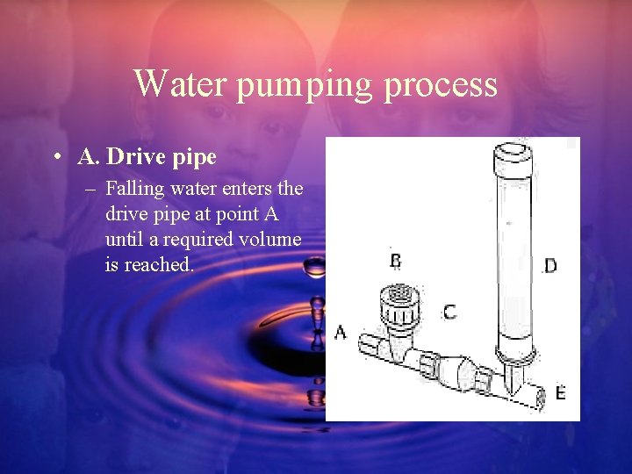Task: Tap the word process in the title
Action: [450, 86]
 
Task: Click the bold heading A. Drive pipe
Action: [147, 158]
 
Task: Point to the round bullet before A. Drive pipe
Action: [55, 158]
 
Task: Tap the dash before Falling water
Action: [92, 189]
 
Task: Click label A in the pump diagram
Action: [341, 333]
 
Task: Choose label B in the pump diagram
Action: [396, 261]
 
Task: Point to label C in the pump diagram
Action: [449, 312]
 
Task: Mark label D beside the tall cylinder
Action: [549, 265]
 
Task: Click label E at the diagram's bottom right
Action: [560, 392]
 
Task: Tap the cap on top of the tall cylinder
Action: [514, 158]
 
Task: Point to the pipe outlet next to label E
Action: [538, 396]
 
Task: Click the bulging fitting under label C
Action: [451, 372]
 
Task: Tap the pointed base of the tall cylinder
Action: [513, 377]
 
